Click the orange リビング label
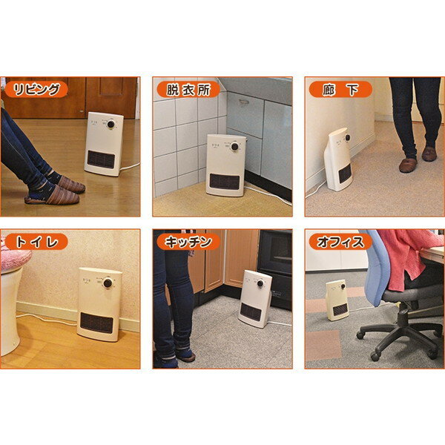(x=36, y=90)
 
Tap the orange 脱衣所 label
(x=188, y=90)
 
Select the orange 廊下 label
(x=340, y=90)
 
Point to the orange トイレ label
(x=36, y=242)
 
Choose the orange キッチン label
(x=188, y=242)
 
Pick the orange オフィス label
(x=340, y=242)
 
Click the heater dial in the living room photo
(x=111, y=124)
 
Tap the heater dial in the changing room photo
(x=234, y=146)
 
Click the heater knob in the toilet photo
(x=108, y=283)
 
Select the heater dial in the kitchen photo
(x=260, y=283)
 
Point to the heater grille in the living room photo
(x=101, y=159)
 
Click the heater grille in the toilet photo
(x=96, y=323)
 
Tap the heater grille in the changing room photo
(x=225, y=182)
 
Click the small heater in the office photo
(x=337, y=300)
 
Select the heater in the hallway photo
(x=338, y=159)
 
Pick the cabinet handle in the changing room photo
(x=244, y=102)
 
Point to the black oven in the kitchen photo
(x=275, y=269)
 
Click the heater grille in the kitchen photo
(x=251, y=312)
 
